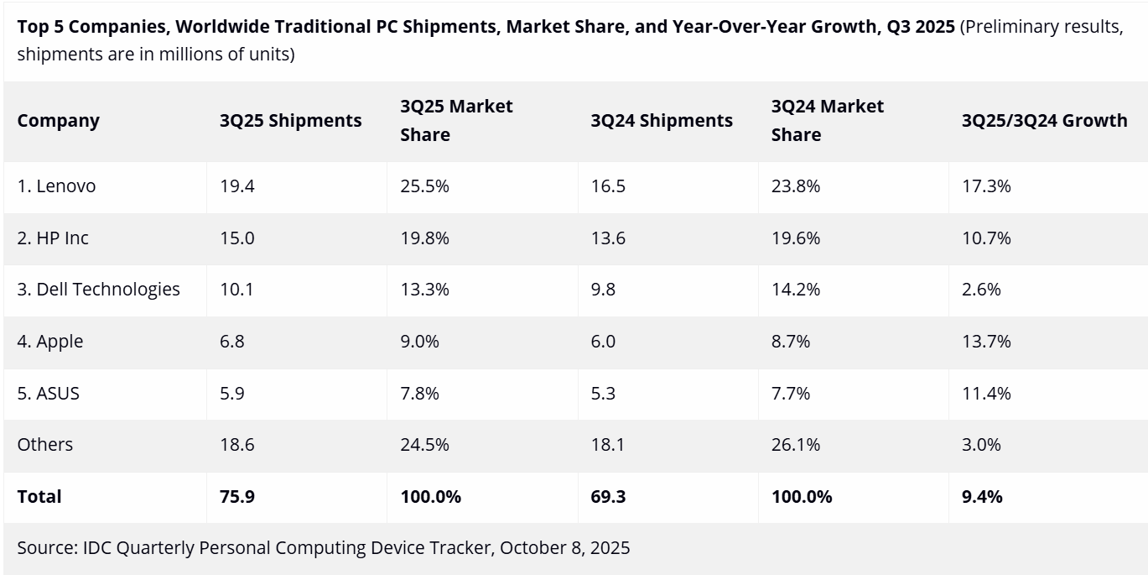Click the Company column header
(x=58, y=121)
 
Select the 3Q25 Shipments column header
(x=290, y=121)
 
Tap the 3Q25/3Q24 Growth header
(x=1044, y=121)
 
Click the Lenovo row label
(x=56, y=186)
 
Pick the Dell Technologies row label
(x=98, y=290)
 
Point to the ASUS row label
(x=48, y=393)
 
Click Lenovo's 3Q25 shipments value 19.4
(x=237, y=186)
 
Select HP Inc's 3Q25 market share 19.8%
(x=424, y=238)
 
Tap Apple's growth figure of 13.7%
(x=986, y=342)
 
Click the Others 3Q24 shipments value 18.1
(x=607, y=445)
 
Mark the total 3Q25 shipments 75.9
(x=237, y=497)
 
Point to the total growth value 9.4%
(x=982, y=497)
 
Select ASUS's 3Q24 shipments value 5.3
(x=603, y=393)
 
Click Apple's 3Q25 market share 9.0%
(x=419, y=342)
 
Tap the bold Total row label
(x=39, y=497)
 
